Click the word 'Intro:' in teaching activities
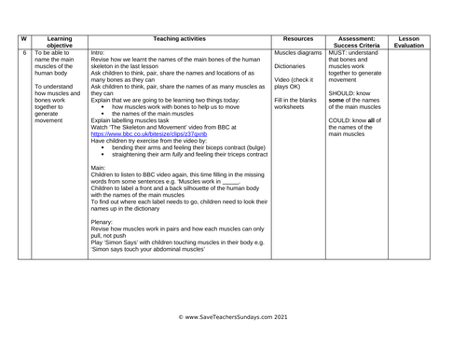point(100,53)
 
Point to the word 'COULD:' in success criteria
point(342,120)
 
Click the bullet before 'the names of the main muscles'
point(103,114)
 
